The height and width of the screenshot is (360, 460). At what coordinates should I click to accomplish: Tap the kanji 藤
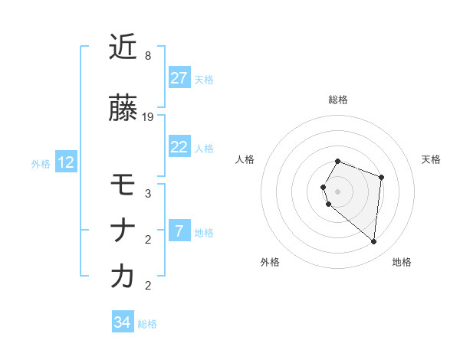click(x=123, y=108)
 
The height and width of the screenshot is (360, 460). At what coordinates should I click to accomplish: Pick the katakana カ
click(x=123, y=277)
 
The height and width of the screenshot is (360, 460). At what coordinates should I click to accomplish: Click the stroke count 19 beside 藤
click(x=148, y=117)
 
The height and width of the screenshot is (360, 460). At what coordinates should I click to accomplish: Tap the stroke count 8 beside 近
click(x=147, y=56)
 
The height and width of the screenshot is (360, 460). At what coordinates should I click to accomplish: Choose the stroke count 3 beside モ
click(x=147, y=194)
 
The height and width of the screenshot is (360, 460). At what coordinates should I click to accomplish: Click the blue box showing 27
click(x=179, y=78)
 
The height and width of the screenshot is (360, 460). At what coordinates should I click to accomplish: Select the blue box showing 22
click(x=179, y=147)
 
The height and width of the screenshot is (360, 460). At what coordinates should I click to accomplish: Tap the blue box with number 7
click(x=179, y=231)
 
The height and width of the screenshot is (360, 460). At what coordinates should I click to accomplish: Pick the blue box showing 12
click(x=66, y=162)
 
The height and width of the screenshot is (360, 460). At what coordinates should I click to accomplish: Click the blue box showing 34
click(x=122, y=323)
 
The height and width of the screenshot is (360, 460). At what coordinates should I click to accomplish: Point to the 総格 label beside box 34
click(x=147, y=324)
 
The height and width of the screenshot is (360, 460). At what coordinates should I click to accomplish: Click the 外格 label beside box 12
click(x=41, y=163)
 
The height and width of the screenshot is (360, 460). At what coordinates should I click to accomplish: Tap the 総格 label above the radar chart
click(x=338, y=100)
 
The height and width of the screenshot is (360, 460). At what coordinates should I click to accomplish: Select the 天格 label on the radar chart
click(x=432, y=159)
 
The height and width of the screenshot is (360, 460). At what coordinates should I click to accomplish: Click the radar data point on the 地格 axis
click(x=373, y=242)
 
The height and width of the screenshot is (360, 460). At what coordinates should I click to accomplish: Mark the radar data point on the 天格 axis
click(x=381, y=177)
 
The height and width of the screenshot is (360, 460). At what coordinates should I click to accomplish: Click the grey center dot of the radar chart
click(x=338, y=191)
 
